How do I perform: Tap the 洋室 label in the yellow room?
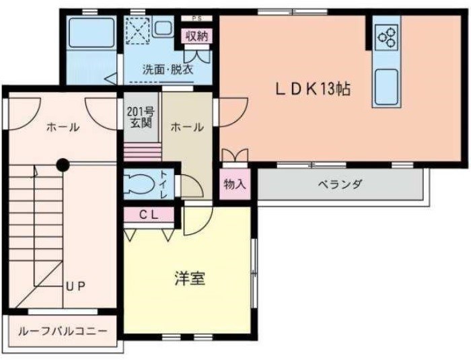tap(190, 279)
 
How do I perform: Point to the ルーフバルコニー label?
tap(62, 332)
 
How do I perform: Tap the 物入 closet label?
tap(235, 184)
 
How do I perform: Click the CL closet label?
tap(149, 215)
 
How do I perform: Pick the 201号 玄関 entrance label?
tap(139, 117)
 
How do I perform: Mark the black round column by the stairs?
tap(62, 164)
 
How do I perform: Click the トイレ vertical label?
tap(164, 184)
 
